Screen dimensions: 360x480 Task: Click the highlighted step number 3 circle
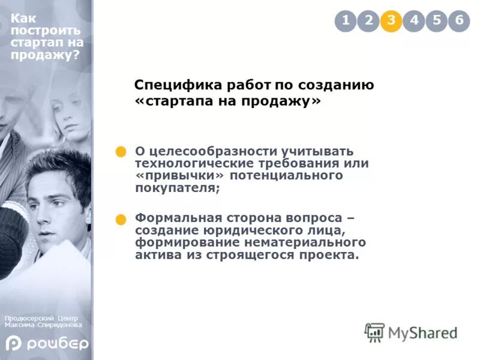tap(391, 21)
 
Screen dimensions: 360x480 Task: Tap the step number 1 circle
tap(346, 21)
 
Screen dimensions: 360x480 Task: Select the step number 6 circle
tap(459, 21)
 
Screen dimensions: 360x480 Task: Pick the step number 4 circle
tap(414, 21)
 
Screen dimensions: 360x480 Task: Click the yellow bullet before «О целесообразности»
tap(121, 152)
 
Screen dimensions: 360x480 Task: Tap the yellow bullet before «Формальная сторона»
tap(121, 220)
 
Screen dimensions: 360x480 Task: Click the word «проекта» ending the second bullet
tap(333, 256)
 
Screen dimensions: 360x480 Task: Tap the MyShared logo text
tap(422, 332)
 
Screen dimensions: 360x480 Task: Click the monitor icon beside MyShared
tap(375, 332)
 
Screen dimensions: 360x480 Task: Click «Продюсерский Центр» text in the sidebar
tap(41, 318)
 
